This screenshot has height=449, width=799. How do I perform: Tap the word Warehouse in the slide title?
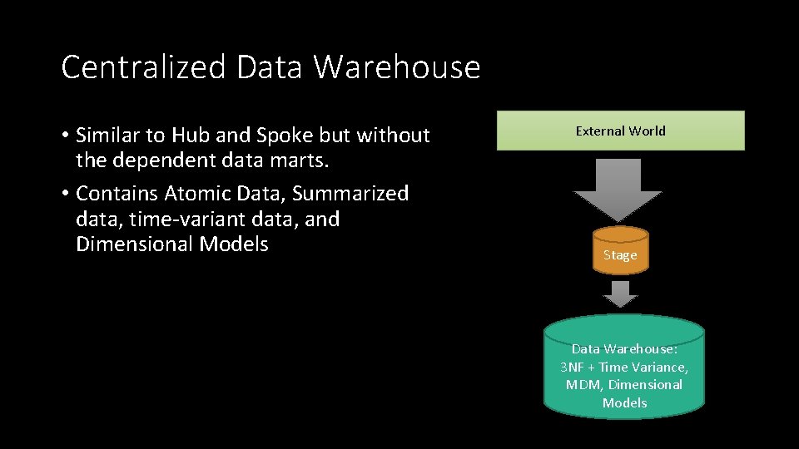click(x=397, y=67)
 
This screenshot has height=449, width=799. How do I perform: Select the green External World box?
click(x=621, y=131)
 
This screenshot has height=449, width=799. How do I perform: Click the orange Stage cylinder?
click(x=620, y=250)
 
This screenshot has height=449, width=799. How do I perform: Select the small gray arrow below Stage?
click(x=620, y=294)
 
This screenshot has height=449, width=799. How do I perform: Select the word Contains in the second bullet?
click(x=117, y=194)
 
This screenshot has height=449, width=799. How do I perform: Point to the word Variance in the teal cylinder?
click(x=659, y=367)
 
